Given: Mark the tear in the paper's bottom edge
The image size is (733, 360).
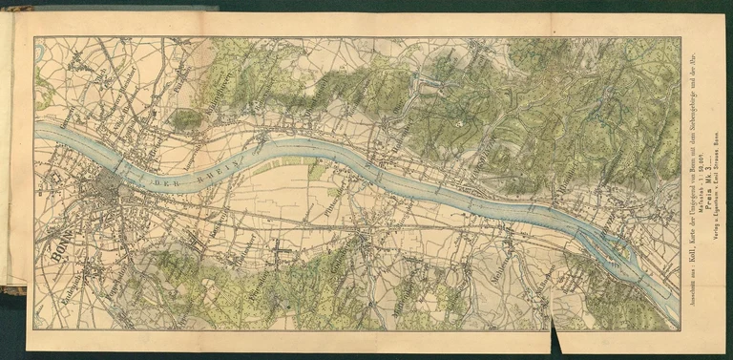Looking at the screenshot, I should pyautogui.click(x=555, y=336).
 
